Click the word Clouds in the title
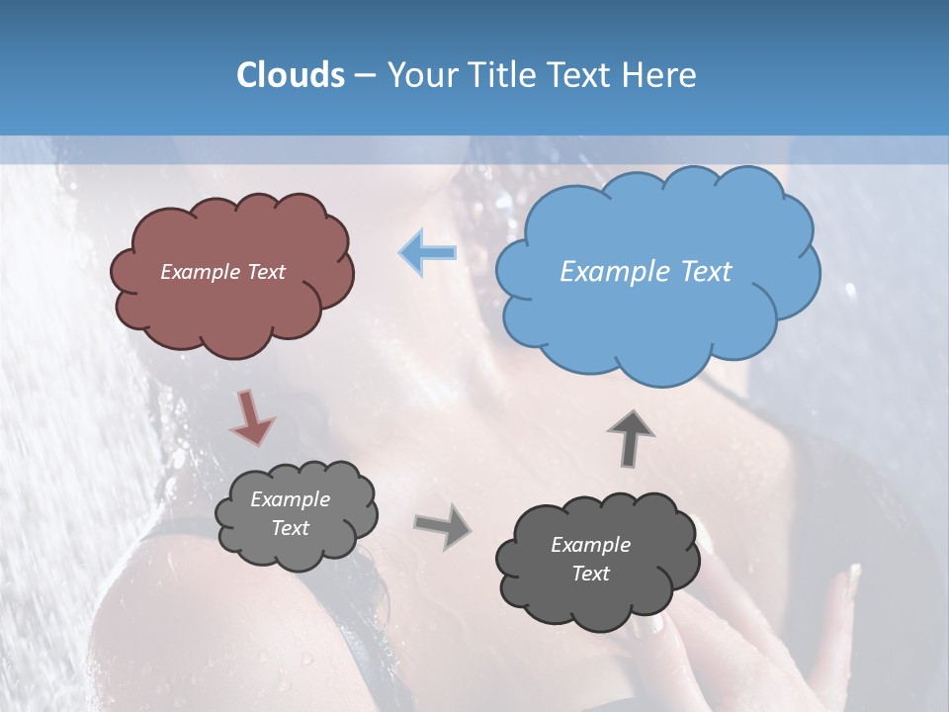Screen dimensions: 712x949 tap(290, 75)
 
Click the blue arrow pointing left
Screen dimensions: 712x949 tap(428, 253)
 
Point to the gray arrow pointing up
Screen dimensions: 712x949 tap(630, 437)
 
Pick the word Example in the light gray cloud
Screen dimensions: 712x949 tap(290, 499)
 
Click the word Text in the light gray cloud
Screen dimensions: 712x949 tap(290, 528)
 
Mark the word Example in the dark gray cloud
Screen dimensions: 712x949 tap(590, 545)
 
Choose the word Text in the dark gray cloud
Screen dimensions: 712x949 tap(590, 574)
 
